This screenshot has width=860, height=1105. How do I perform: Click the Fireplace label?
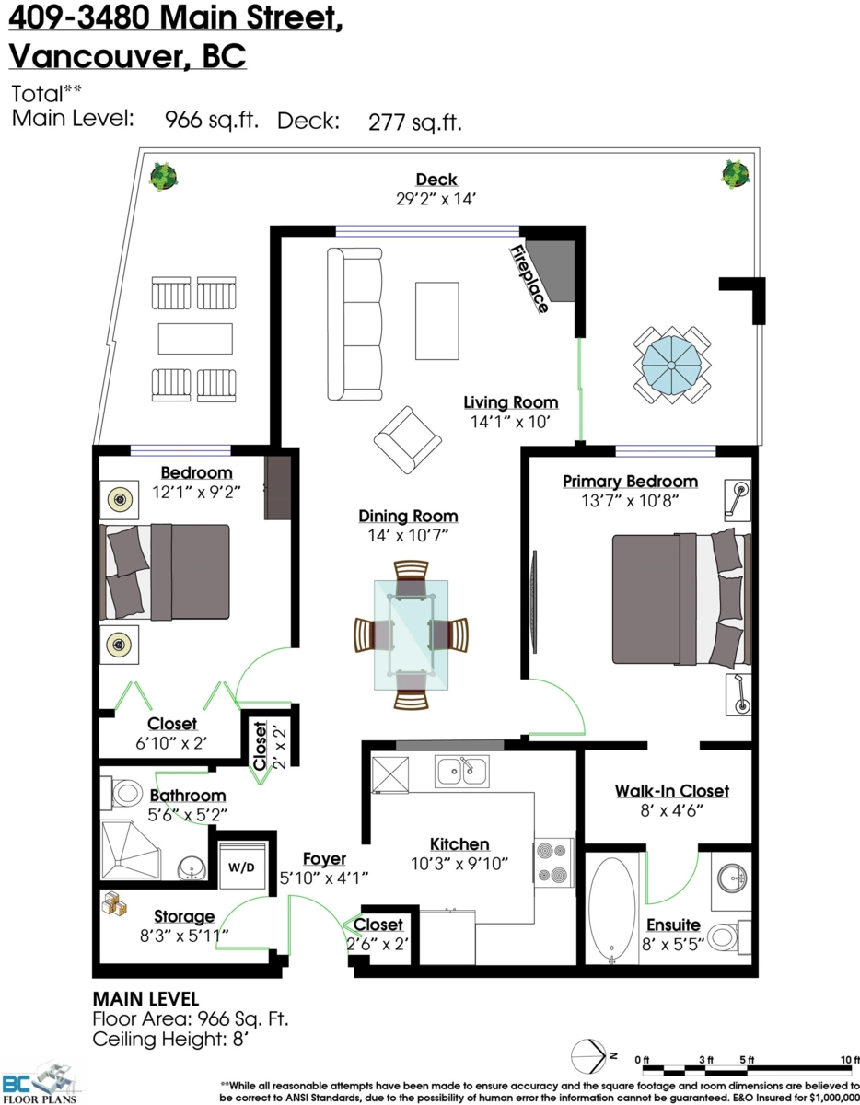tap(530, 279)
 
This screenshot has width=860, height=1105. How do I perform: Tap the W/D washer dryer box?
tap(242, 867)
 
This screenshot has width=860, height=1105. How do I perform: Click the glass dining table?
tap(411, 634)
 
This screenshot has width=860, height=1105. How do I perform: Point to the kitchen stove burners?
tap(553, 863)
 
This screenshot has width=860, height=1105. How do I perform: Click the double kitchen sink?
tap(462, 772)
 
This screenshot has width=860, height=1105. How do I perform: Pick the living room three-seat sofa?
tap(354, 323)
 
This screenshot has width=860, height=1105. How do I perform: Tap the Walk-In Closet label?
tap(672, 791)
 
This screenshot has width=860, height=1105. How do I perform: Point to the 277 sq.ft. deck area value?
tap(414, 121)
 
